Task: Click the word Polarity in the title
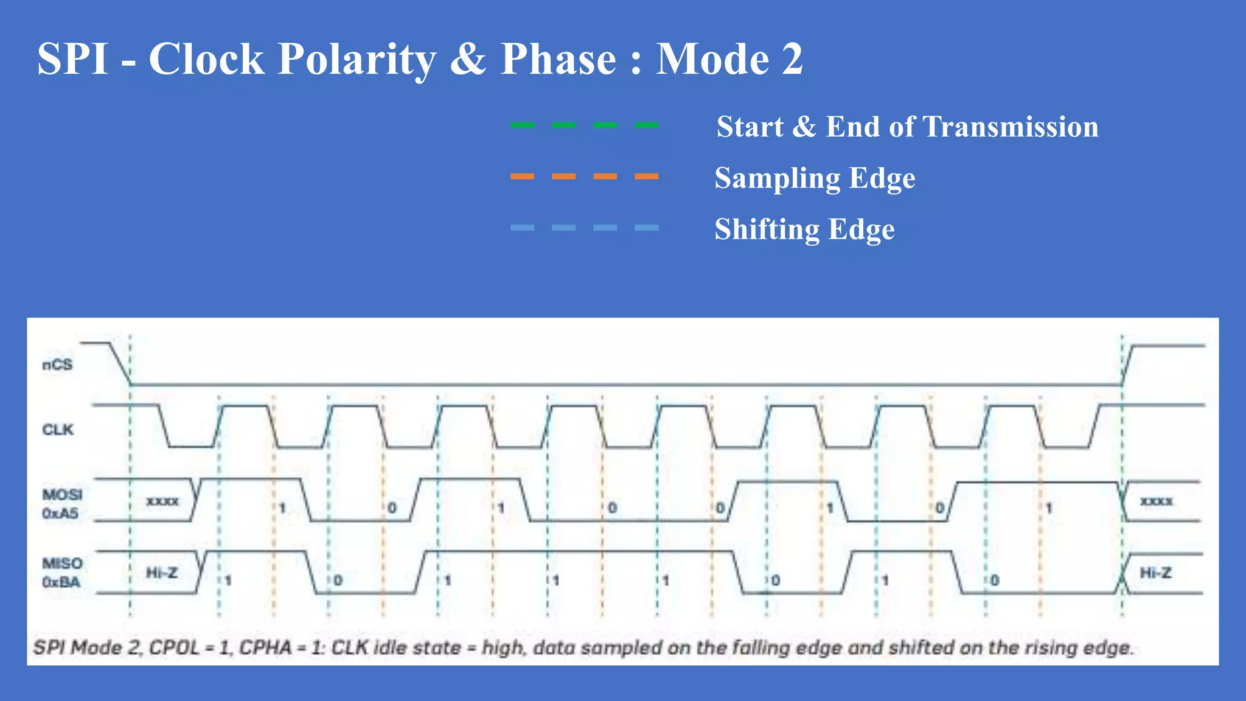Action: tap(357, 60)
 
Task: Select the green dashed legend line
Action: tap(584, 125)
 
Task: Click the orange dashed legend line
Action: tap(584, 176)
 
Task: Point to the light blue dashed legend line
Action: tap(584, 228)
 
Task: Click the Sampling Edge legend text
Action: tap(815, 178)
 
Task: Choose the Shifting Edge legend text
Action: tap(804, 229)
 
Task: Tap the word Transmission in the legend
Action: tap(1011, 127)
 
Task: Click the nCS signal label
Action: tap(57, 365)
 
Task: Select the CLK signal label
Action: tap(58, 430)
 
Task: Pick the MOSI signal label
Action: tap(62, 494)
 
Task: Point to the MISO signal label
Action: tap(62, 563)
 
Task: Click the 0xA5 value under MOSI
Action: tap(60, 514)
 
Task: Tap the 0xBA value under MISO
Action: tap(61, 582)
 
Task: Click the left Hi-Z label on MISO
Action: tap(162, 573)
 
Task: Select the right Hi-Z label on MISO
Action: tap(1155, 573)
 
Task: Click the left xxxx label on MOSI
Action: tap(162, 501)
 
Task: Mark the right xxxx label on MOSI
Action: tap(1156, 501)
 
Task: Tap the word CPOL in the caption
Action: tap(174, 647)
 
